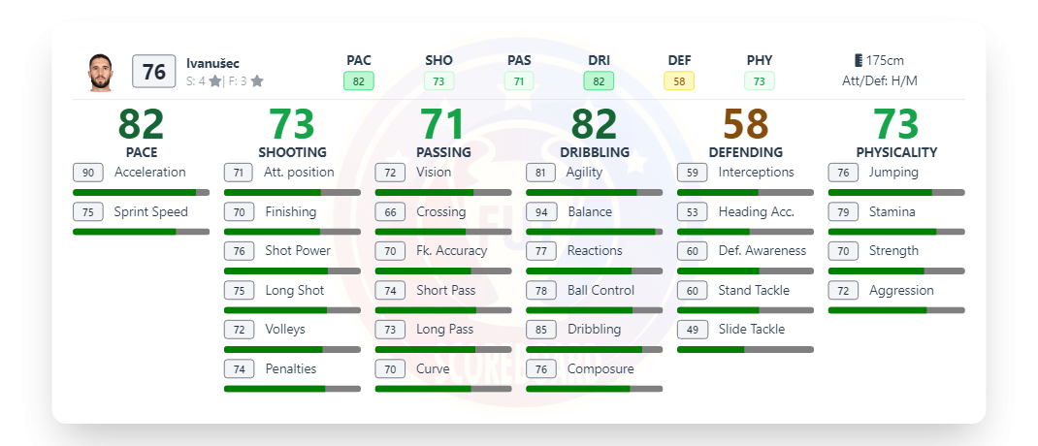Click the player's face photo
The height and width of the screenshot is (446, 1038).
(x=101, y=73)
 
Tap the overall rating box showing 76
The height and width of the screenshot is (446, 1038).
(x=153, y=72)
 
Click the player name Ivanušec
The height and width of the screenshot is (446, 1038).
(x=212, y=63)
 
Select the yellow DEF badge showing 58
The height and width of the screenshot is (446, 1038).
(x=679, y=81)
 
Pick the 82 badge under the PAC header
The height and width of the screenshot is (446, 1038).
(x=358, y=81)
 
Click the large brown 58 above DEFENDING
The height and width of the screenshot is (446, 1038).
(x=745, y=124)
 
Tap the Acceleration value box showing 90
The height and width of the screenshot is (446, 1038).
(x=88, y=173)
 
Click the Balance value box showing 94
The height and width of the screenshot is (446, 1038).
(x=541, y=211)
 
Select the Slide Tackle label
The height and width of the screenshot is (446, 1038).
(x=751, y=329)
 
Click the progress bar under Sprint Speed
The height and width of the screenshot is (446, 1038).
(x=141, y=232)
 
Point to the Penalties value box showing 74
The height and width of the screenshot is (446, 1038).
(x=239, y=368)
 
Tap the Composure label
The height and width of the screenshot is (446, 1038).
(x=600, y=368)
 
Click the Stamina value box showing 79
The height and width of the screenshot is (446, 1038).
(x=843, y=211)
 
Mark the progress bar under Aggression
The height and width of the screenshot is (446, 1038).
(x=895, y=310)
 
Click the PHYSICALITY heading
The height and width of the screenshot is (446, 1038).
(x=895, y=152)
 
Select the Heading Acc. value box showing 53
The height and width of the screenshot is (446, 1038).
(x=692, y=211)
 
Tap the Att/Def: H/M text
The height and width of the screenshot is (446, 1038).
(x=879, y=81)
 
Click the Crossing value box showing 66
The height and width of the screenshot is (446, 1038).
(x=390, y=211)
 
